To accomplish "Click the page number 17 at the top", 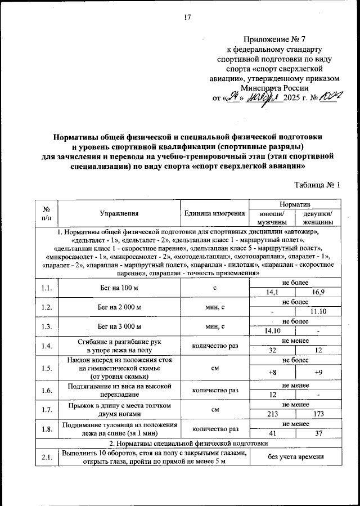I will (x=188, y=17).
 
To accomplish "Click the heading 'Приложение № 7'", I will (x=274, y=39).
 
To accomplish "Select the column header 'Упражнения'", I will (x=118, y=213).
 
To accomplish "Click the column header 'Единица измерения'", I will (x=214, y=213).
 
